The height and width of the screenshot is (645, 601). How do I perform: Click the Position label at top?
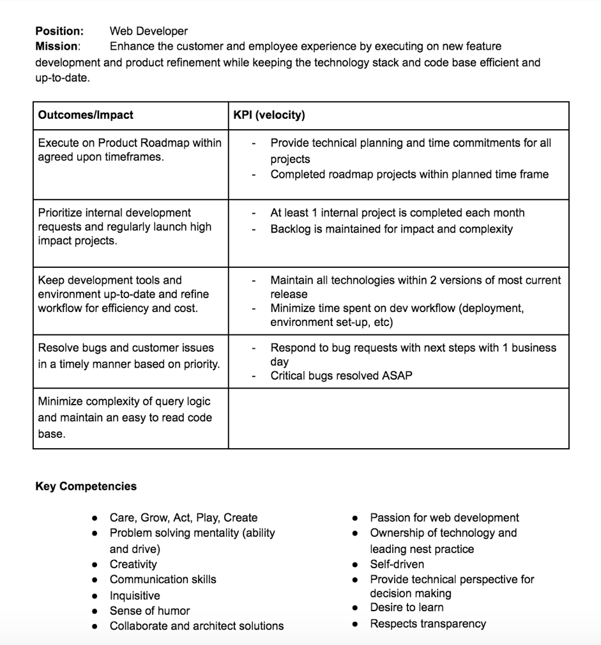tap(59, 31)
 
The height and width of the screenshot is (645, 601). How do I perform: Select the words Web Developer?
tap(148, 31)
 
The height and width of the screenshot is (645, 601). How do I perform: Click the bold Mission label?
tap(57, 46)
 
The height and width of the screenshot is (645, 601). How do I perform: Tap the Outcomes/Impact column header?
tap(86, 115)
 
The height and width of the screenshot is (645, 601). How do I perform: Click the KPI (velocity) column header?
tap(269, 115)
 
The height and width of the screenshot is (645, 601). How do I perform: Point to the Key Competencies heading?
tap(86, 486)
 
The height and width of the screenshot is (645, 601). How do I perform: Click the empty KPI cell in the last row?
tap(398, 418)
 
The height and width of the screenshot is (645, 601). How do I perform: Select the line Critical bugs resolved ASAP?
tap(341, 376)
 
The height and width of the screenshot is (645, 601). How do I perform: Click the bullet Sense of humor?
tap(149, 610)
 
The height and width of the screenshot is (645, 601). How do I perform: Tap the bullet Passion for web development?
tap(444, 518)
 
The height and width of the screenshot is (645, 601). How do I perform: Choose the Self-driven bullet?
tap(397, 564)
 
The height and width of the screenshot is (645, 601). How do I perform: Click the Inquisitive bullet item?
tap(135, 595)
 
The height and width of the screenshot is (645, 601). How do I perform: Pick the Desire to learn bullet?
tap(406, 607)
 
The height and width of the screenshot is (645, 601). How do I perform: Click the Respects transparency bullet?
tap(427, 624)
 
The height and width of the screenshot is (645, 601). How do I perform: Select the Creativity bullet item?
tap(133, 564)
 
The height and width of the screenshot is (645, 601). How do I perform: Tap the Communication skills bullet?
tap(162, 579)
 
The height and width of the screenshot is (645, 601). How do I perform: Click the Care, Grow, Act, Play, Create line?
tap(183, 518)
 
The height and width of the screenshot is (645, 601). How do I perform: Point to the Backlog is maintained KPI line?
tap(391, 229)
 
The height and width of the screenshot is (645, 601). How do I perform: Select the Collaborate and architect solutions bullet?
tap(196, 626)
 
